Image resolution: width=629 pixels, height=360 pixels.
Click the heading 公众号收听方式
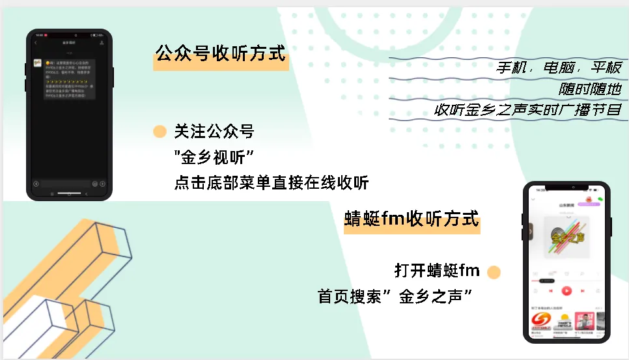221,53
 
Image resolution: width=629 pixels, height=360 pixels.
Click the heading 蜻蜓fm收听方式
412,219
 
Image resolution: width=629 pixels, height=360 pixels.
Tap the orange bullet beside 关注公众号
159,132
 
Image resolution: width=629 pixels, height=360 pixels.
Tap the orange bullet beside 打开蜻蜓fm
494,272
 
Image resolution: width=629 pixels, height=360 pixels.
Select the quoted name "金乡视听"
214,157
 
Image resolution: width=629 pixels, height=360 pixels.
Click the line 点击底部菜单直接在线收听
272,183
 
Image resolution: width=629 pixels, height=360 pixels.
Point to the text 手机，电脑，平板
559,68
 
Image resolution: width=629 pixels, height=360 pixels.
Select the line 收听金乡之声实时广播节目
528,110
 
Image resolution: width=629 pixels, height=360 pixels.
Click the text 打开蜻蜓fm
437,270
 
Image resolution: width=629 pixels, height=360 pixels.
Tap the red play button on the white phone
566,290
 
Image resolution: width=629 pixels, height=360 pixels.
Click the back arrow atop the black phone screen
36,42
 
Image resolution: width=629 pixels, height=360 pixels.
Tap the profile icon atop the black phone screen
102,42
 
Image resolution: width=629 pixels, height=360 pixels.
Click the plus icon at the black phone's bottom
103,184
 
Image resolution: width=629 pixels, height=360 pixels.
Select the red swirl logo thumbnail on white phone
542,320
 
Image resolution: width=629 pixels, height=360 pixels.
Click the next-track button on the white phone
583,290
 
